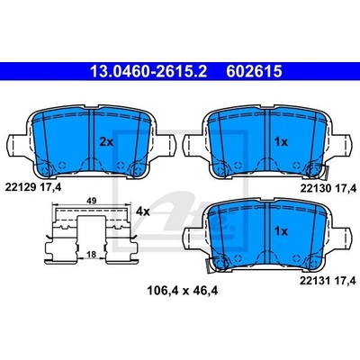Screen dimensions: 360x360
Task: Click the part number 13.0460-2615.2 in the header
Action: [148, 72]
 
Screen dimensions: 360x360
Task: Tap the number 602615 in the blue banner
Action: [254, 72]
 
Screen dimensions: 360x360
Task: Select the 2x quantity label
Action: [106, 142]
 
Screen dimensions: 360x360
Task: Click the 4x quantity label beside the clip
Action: [142, 211]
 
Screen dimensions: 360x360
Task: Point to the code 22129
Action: [21, 187]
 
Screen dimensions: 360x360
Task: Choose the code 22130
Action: [316, 188]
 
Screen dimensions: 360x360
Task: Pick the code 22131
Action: [315, 281]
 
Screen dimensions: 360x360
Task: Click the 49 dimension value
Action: [92, 201]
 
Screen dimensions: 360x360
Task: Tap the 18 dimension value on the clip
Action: [92, 255]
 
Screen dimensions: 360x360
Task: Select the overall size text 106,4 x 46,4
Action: [182, 291]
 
